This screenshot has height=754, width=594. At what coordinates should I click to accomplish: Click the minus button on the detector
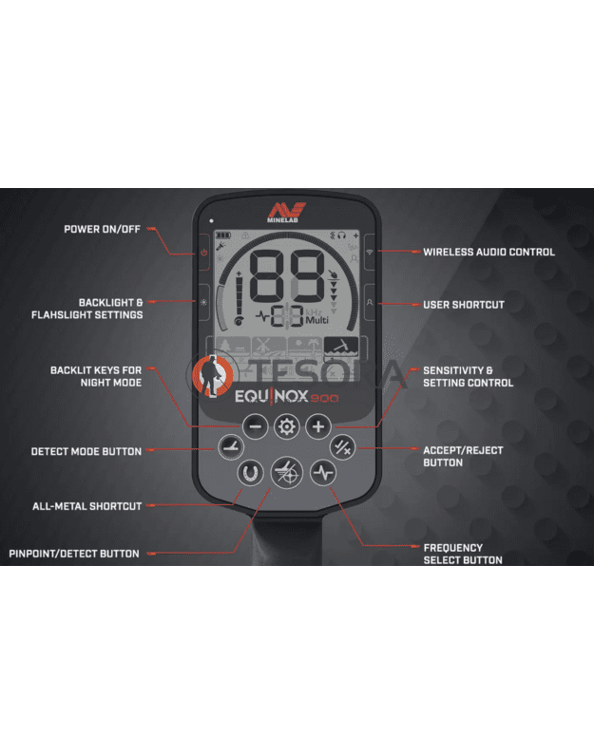255,426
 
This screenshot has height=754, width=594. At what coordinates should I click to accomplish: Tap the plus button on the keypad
318,426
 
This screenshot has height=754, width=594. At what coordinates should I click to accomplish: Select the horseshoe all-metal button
250,473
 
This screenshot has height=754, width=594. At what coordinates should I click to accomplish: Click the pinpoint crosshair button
286,473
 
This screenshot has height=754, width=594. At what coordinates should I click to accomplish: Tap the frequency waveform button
323,473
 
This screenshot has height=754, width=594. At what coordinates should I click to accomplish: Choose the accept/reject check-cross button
342,448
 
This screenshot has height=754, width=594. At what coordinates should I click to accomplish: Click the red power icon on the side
204,253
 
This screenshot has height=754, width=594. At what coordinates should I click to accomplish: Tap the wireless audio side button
370,252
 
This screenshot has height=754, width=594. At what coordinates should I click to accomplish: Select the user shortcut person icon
370,303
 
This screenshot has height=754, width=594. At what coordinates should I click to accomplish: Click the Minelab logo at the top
286,212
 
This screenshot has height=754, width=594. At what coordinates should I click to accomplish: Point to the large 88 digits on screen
287,276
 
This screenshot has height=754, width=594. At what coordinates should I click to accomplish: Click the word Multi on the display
316,320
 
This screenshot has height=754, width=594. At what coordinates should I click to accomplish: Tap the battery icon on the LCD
223,236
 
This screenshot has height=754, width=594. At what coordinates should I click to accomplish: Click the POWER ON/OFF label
102,230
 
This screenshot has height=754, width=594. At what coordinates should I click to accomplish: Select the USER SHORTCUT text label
464,305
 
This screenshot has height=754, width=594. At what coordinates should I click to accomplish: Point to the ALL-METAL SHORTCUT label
87,506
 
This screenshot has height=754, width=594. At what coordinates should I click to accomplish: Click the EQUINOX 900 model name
286,396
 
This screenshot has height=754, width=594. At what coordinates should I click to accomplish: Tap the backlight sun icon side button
204,303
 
